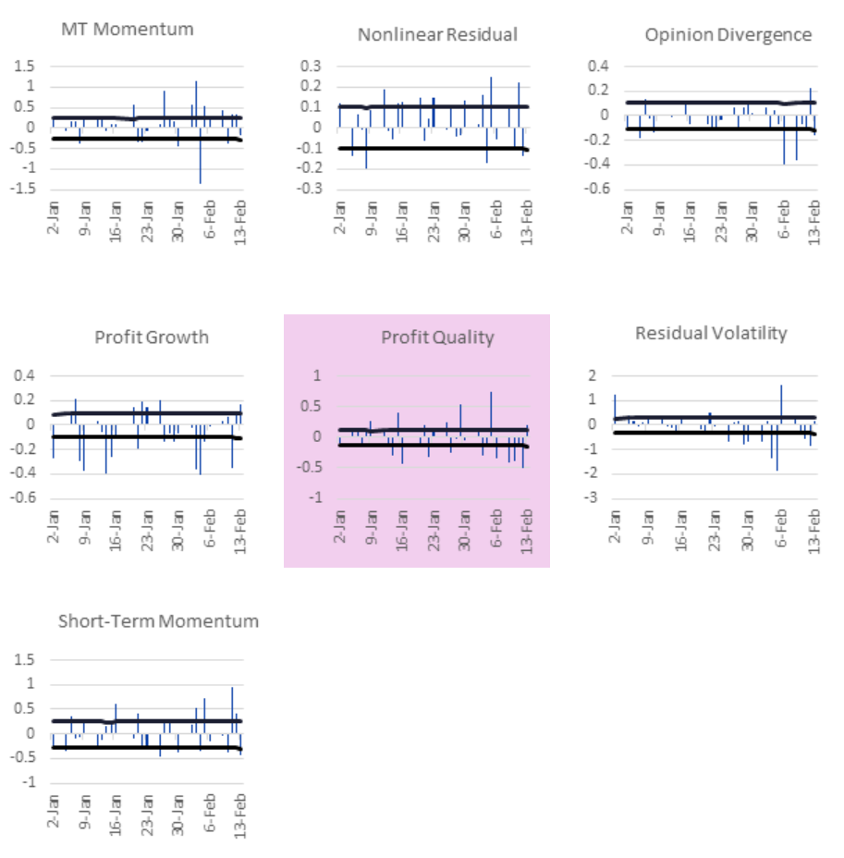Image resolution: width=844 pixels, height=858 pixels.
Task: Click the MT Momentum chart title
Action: (128, 29)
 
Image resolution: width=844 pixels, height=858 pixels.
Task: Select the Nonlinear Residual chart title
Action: (437, 35)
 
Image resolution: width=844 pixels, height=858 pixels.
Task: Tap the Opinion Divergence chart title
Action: (728, 35)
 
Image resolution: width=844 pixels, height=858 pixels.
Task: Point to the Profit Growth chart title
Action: (152, 337)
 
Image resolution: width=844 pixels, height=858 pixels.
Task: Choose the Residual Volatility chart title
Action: (711, 333)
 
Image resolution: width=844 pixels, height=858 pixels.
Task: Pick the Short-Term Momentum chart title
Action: (158, 621)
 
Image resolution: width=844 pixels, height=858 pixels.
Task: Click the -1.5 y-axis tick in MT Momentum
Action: (25, 188)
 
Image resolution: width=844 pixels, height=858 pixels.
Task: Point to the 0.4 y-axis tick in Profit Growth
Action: (26, 376)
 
